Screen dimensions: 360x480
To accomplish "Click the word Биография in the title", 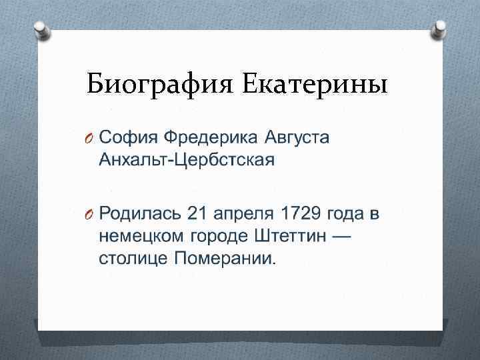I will (x=159, y=85).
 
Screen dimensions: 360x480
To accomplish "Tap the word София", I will (x=127, y=138).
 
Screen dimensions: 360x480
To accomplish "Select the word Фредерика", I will (x=213, y=138).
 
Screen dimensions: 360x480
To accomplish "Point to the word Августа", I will (x=297, y=139).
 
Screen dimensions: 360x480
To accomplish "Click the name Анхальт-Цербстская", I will (x=187, y=161).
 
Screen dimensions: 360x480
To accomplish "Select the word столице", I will (x=133, y=259).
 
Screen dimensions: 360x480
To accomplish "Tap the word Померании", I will (x=223, y=259).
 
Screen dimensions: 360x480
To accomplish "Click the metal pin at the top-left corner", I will (x=39, y=29).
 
